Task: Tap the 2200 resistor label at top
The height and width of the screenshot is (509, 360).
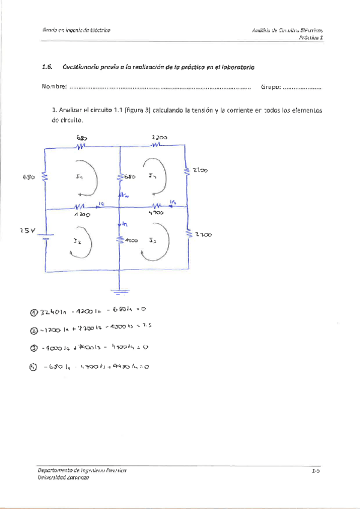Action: (x=159, y=137)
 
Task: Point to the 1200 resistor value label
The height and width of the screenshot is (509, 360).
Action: (x=82, y=214)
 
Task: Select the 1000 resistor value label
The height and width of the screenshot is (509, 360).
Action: (x=131, y=240)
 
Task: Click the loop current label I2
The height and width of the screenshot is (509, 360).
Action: (x=77, y=241)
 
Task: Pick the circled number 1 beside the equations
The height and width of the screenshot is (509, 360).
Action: (x=34, y=312)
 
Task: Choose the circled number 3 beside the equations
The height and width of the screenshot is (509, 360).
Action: (x=34, y=348)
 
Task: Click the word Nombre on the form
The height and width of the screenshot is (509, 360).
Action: (x=54, y=88)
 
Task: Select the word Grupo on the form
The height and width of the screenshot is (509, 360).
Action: (x=271, y=88)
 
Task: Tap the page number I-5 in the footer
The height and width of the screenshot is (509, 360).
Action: (x=316, y=472)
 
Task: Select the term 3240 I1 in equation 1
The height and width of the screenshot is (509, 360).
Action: (x=54, y=312)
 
